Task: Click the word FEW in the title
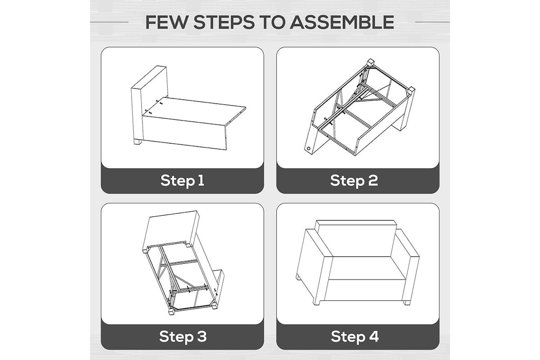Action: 166,22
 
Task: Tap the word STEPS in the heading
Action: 224,22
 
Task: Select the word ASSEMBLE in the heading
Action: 342,22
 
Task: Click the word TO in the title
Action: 272,22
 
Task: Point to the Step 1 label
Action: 182,180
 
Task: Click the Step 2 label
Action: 354,180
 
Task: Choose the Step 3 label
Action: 183,336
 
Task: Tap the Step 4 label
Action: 355,336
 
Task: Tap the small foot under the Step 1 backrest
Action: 137,142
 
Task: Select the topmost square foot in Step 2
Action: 371,62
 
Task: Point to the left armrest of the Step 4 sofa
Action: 313,265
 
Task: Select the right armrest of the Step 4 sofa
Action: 407,265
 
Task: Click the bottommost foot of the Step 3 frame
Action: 171,312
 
